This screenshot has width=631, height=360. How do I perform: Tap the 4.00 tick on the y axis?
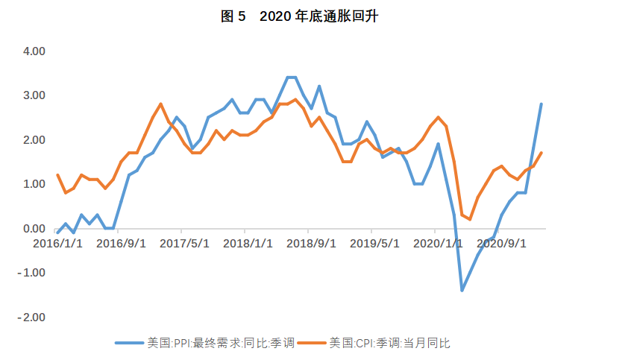34,51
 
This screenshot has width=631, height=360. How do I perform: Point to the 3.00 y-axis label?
34,95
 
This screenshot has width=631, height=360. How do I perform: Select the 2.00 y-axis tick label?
34,140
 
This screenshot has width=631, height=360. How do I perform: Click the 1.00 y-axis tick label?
34,184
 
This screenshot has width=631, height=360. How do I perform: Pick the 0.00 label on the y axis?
34,229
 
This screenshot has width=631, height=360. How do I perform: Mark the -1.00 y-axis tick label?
33,273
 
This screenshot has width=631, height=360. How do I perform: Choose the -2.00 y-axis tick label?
33,317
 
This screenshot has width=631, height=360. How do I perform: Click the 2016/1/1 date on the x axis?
57,243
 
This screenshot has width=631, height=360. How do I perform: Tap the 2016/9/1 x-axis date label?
121,243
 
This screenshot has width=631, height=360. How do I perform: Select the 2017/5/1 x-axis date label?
184,243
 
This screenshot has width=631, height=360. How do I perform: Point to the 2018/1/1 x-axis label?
248,243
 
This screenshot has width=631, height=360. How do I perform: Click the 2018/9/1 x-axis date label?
310,243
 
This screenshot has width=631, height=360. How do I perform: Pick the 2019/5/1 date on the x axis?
374,243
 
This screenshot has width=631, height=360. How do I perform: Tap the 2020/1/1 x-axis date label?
437,243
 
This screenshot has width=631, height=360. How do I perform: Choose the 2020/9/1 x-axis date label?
500,243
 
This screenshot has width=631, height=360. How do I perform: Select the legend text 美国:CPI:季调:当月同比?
390,343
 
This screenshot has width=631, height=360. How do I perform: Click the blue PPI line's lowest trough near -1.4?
462,290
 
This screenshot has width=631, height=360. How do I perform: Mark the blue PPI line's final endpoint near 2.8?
541,104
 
